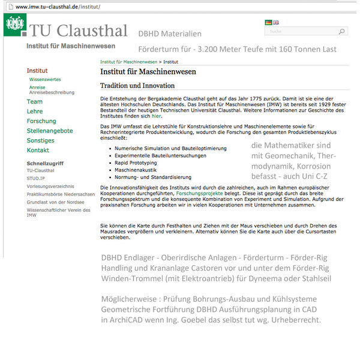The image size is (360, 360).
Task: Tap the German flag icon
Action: [268, 22]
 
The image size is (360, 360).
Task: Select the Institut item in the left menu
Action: [37, 71]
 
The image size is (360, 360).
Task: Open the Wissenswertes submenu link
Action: [45, 79]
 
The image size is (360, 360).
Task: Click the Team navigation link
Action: [35, 102]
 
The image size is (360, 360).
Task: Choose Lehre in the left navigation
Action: [35, 112]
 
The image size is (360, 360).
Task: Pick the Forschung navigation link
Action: [41, 121]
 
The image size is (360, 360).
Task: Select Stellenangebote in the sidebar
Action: [50, 131]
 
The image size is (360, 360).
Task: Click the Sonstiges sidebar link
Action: [40, 140]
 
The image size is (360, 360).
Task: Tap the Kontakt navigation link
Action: [38, 150]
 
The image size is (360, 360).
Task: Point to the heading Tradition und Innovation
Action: [137, 86]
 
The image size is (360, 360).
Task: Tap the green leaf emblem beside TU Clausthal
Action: [15, 25]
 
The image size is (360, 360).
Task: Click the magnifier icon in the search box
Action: [341, 31]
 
